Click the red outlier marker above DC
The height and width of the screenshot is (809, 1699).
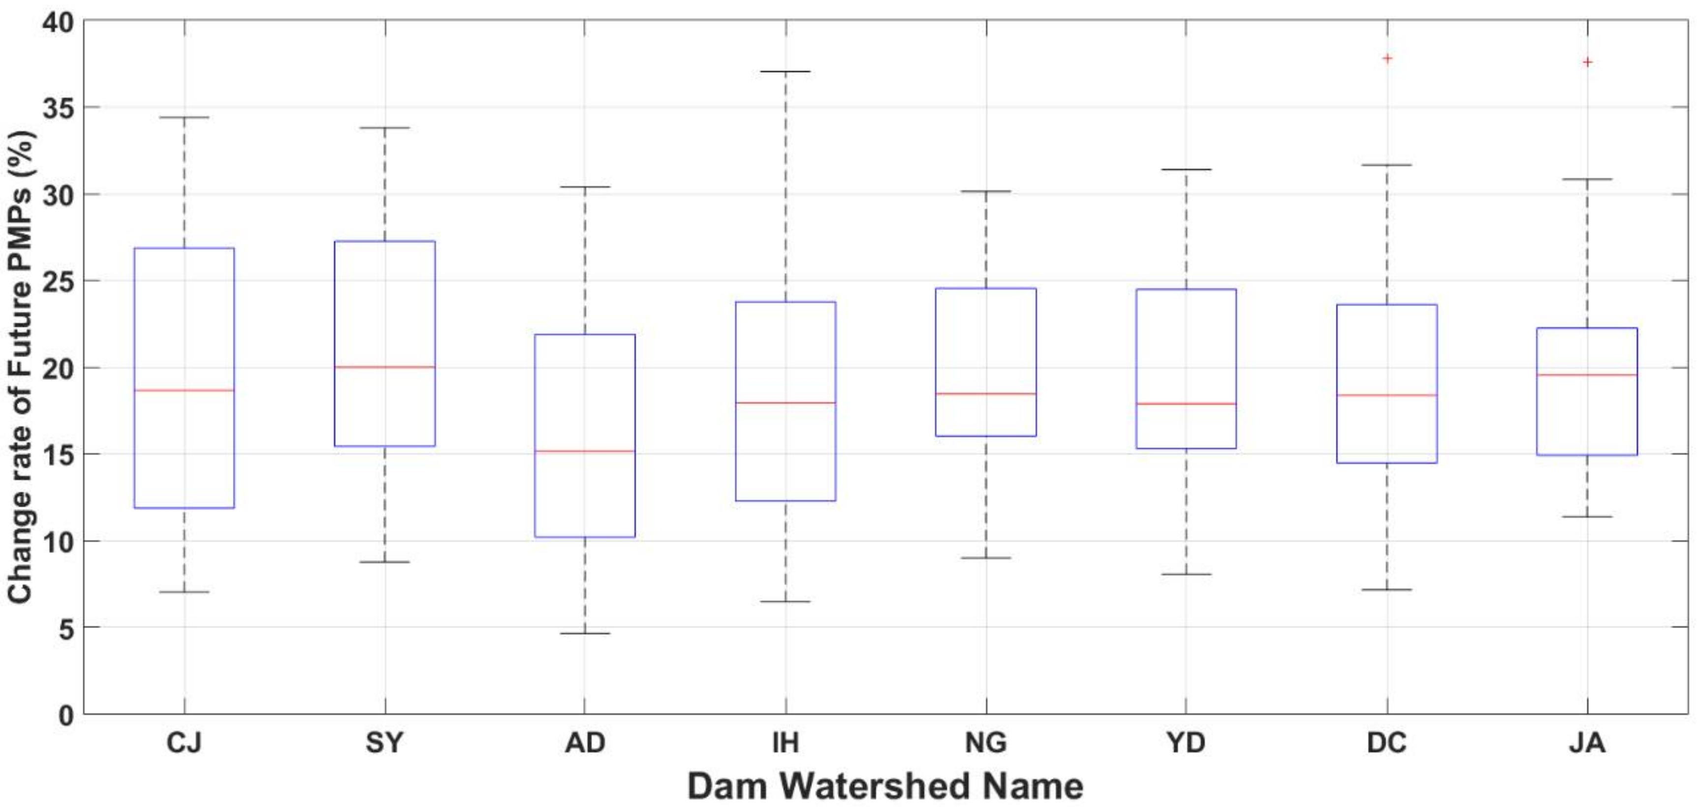click(x=1387, y=59)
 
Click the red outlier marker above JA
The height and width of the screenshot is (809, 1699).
click(x=1588, y=62)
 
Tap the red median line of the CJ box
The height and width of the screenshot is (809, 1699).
click(x=184, y=390)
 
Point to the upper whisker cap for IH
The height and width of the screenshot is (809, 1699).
click(x=786, y=71)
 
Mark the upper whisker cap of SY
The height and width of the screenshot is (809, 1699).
click(x=385, y=128)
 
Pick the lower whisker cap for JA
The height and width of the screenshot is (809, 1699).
click(x=1588, y=517)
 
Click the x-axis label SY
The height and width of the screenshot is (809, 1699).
click(x=384, y=743)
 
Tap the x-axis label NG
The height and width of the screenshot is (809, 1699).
click(x=986, y=743)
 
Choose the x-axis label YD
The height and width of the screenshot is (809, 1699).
click(x=1186, y=743)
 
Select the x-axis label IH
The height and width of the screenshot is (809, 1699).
click(x=786, y=743)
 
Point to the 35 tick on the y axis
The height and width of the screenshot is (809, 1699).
click(x=58, y=107)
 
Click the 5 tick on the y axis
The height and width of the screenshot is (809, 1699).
click(x=66, y=628)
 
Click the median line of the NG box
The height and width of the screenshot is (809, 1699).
click(x=986, y=394)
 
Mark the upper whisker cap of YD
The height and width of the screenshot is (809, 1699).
click(x=1186, y=169)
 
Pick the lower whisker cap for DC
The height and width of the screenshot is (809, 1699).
click(x=1387, y=590)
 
